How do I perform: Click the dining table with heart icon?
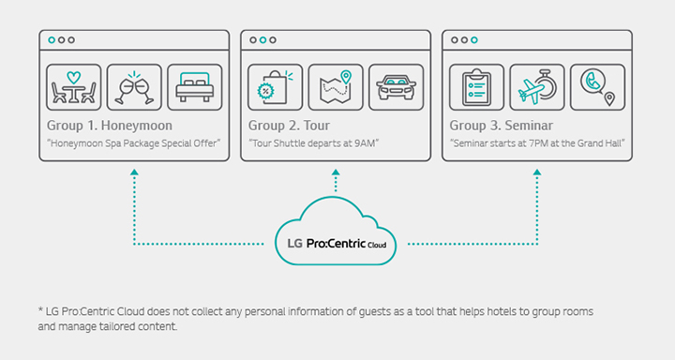pos(73,87)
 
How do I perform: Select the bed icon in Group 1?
pos(195,87)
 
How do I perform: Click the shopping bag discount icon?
pos(275,87)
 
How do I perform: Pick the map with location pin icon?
pos(336,87)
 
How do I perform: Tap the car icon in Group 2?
pos(396,87)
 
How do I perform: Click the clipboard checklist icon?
pos(476,87)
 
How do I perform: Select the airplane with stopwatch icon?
pos(537,87)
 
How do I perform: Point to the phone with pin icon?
pos(597,87)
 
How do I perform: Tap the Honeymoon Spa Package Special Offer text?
pos(132,142)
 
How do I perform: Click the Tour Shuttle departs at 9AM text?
pos(313,142)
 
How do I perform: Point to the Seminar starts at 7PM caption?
pos(537,142)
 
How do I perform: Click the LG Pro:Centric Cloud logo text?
pos(336,247)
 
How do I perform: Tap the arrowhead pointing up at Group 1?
pos(135,173)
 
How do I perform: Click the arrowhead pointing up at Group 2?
pos(336,173)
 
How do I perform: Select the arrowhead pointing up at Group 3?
pos(537,173)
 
